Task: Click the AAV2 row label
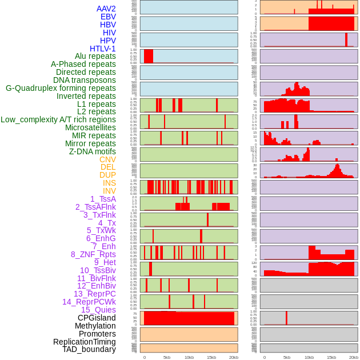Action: click(x=106, y=9)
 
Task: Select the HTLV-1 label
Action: click(x=103, y=49)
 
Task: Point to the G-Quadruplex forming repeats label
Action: click(x=61, y=88)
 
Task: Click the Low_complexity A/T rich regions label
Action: click(x=58, y=119)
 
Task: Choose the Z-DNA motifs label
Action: click(x=93, y=151)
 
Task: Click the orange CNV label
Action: click(x=107, y=159)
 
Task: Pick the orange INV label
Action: click(x=109, y=191)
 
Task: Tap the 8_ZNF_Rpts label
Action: click(x=93, y=254)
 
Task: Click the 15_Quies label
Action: click(x=98, y=310)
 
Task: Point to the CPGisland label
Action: click(x=97, y=318)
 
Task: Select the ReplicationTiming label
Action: click(x=85, y=342)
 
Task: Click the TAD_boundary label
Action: click(x=89, y=349)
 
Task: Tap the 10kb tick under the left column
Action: click(x=189, y=357)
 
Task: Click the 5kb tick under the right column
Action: click(x=287, y=357)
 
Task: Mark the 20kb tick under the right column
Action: click(x=354, y=357)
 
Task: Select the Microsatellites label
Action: click(x=90, y=127)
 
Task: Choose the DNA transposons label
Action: click(x=85, y=80)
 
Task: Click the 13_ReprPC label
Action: click(x=95, y=294)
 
